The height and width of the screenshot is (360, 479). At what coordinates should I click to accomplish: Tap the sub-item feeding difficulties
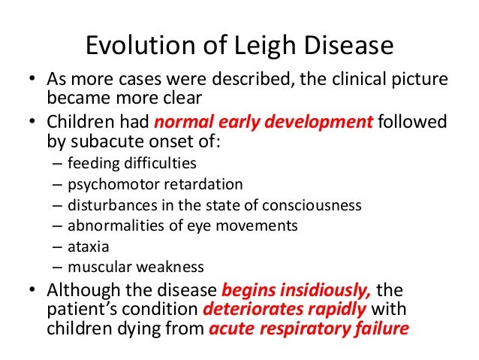(131, 162)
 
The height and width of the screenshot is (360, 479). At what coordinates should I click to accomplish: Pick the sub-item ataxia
(85, 246)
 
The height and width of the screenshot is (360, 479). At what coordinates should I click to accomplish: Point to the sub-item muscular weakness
(135, 266)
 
